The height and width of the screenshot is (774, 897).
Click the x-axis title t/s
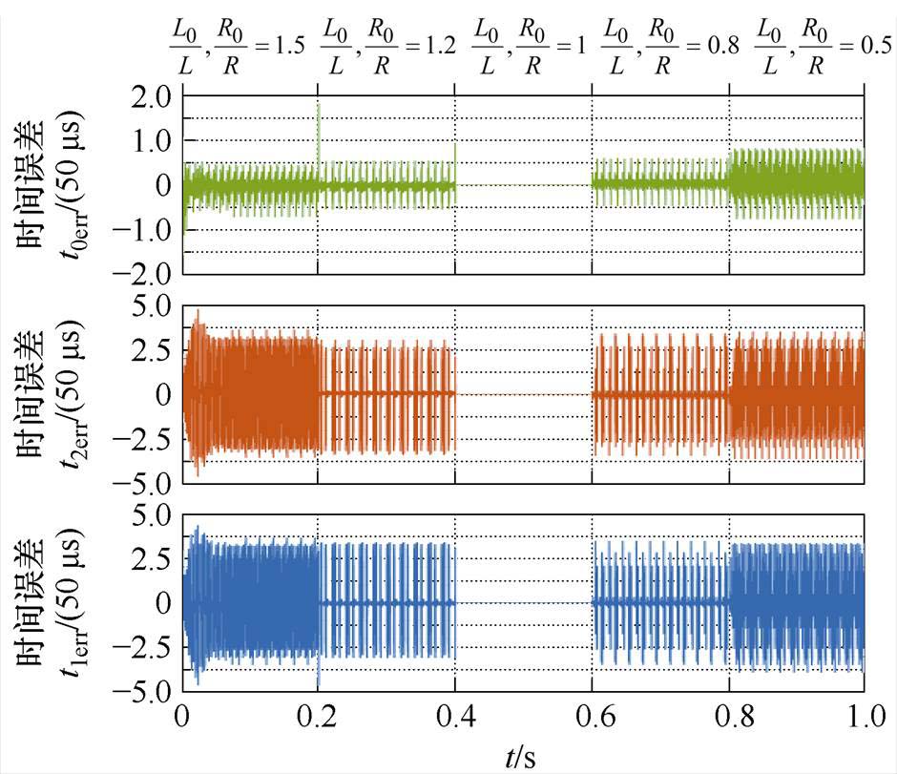pyautogui.click(x=520, y=757)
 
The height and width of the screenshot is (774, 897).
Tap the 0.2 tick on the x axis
pyautogui.click(x=319, y=716)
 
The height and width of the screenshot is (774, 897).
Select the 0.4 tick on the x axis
pyautogui.click(x=455, y=716)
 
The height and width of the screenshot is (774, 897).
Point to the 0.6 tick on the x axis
pyautogui.click(x=592, y=716)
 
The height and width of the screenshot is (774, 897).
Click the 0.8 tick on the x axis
pyautogui.click(x=729, y=716)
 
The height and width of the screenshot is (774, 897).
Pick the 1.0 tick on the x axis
pyautogui.click(x=865, y=716)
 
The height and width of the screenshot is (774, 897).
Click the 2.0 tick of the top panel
pyautogui.click(x=151, y=96)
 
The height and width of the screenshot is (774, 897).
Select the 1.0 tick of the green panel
pyautogui.click(x=151, y=141)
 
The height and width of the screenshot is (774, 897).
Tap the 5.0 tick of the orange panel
pyautogui.click(x=151, y=305)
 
